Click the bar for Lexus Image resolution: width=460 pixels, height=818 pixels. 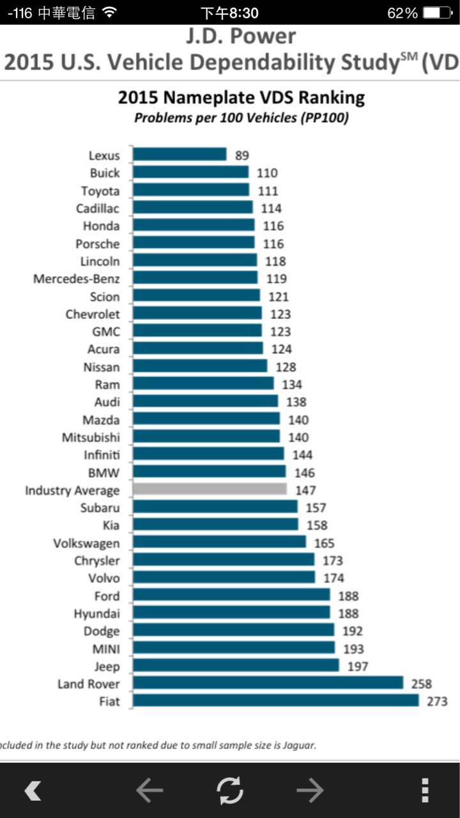pyautogui.click(x=180, y=155)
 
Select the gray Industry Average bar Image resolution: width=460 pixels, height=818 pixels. pyautogui.click(x=210, y=490)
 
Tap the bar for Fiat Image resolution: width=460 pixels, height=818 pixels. pyautogui.click(x=275, y=701)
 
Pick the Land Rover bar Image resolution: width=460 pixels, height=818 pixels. pyautogui.click(x=268, y=683)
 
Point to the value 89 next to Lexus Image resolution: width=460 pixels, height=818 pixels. pyautogui.click(x=241, y=155)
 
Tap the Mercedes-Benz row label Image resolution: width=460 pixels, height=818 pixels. pyautogui.click(x=77, y=279)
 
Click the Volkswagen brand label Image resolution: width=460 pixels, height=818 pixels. pyautogui.click(x=86, y=543)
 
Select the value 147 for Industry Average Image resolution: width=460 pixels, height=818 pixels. pyautogui.click(x=305, y=491)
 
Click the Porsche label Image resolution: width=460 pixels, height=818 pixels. pyautogui.click(x=97, y=243)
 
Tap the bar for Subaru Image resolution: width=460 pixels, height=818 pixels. pyautogui.click(x=215, y=507)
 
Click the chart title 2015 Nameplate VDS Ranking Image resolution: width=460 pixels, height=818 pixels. pyautogui.click(x=241, y=98)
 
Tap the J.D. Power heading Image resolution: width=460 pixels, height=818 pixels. pyautogui.click(x=241, y=36)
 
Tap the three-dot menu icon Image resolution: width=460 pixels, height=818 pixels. pyautogui.click(x=424, y=791)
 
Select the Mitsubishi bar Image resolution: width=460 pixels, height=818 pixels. pyautogui.click(x=206, y=437)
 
